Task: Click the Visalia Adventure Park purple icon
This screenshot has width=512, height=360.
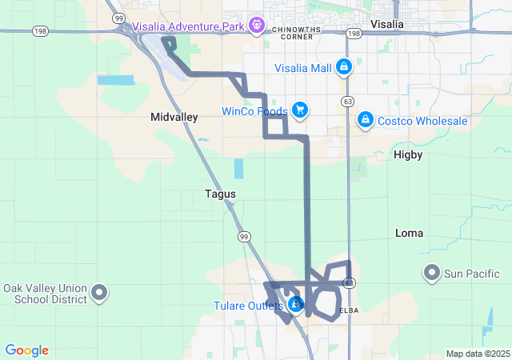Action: coord(256,26)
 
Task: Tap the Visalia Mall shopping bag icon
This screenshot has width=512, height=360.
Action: coord(343,66)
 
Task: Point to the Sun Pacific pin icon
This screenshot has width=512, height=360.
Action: coord(432,274)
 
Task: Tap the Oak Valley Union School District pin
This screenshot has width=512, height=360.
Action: coord(100,293)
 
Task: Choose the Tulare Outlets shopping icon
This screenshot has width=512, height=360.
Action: coord(296,305)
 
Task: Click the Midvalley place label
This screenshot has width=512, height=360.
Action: coord(174,117)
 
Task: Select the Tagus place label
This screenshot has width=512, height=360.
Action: coord(220,194)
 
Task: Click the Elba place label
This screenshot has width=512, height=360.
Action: coord(349,310)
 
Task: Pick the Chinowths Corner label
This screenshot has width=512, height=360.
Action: coord(296,32)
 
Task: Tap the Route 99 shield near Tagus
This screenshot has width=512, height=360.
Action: coord(242,237)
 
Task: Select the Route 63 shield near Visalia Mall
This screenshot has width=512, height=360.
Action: coord(347,102)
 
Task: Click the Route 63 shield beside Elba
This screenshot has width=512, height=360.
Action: coord(349,283)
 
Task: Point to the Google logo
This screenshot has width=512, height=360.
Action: coord(27,350)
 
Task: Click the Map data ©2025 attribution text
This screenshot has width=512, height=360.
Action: coord(478,354)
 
